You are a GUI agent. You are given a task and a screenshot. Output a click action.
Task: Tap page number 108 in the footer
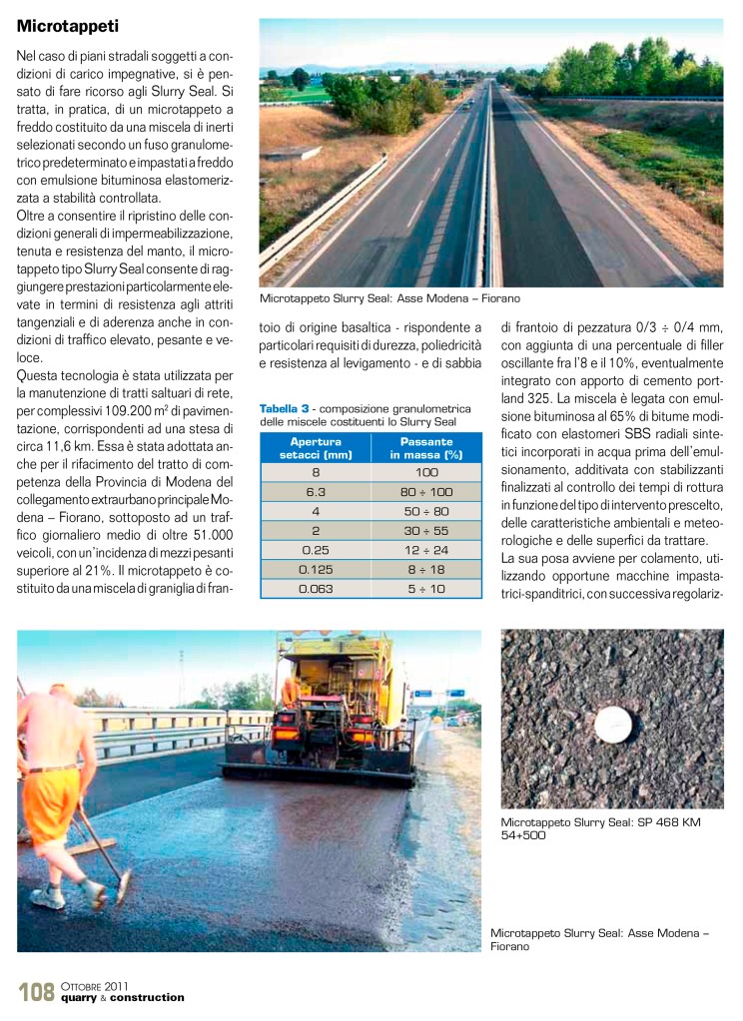pyautogui.click(x=36, y=991)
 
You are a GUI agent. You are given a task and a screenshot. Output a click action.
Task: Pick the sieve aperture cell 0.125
pyautogui.click(x=315, y=568)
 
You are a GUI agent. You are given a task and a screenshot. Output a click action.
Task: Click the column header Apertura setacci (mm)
pyautogui.click(x=315, y=447)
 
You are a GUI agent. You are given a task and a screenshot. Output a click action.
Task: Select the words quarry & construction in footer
pyautogui.click(x=122, y=997)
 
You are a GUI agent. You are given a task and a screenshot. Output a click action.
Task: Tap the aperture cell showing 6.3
pyautogui.click(x=315, y=492)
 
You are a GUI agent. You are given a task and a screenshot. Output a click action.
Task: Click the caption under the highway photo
pyautogui.click(x=389, y=298)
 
